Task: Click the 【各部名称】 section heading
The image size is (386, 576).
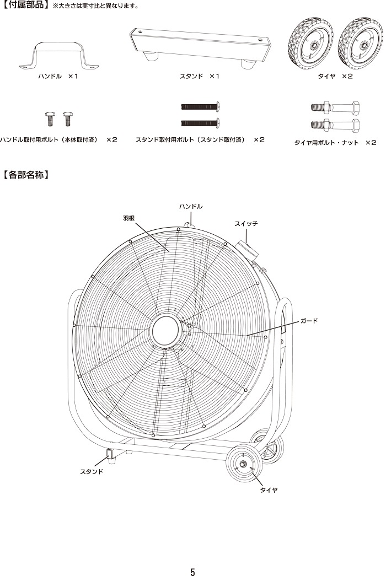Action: pos(26,175)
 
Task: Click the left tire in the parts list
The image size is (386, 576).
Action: pos(310,44)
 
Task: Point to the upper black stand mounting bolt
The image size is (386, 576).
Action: pos(200,107)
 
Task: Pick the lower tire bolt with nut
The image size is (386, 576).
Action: pos(335,125)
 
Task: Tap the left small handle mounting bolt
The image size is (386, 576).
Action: pos(49,119)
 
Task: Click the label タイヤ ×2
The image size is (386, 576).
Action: pos(335,77)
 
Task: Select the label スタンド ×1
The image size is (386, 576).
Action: pos(199,77)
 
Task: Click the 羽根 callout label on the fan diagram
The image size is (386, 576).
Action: pos(128,218)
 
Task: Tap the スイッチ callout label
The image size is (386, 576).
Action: pos(246,223)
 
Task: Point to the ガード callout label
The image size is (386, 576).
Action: pos(309,321)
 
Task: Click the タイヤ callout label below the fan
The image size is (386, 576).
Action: pos(269,490)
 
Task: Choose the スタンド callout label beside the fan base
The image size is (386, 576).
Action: pos(92,472)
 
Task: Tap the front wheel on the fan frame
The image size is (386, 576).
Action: pos(244,464)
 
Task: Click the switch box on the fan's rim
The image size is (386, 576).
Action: pos(248,250)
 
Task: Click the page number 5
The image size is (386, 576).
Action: pos(192,572)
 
